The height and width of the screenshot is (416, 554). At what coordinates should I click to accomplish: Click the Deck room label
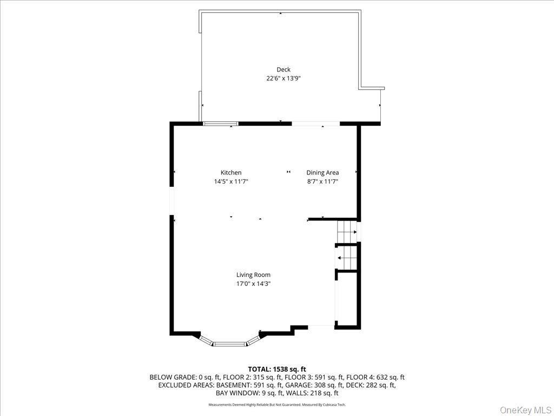(x=283, y=69)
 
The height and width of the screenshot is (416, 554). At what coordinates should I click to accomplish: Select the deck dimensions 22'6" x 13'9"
(x=283, y=78)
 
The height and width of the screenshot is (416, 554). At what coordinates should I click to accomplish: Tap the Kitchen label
(x=231, y=173)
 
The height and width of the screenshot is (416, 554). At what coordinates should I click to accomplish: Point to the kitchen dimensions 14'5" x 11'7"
(x=231, y=182)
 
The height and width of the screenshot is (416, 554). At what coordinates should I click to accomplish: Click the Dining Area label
(x=322, y=173)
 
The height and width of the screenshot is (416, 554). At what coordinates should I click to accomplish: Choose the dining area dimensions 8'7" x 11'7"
(x=322, y=182)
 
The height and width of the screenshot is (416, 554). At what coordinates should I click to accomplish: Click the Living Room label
(x=253, y=275)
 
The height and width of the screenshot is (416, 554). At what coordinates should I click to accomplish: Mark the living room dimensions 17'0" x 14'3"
(x=253, y=283)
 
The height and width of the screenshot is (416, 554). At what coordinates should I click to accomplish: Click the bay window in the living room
(x=230, y=342)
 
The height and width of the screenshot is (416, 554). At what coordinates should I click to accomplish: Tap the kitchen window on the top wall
(x=221, y=123)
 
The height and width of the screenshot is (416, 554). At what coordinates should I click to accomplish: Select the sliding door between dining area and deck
(x=316, y=123)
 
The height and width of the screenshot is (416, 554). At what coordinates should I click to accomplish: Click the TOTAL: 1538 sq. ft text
(x=277, y=369)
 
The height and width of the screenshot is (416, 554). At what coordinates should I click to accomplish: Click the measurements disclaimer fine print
(x=277, y=405)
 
